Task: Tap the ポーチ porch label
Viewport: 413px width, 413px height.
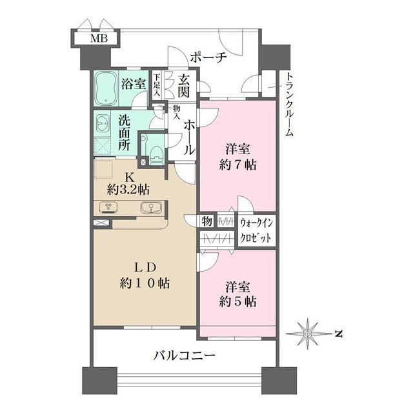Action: tap(209, 58)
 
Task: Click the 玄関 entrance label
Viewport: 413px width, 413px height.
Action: tap(184, 86)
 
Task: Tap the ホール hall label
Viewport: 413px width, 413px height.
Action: tap(189, 136)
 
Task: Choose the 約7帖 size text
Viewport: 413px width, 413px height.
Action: tap(238, 164)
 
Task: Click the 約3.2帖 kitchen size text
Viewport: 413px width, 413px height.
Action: tap(128, 189)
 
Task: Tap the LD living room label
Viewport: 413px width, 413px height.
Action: tap(146, 267)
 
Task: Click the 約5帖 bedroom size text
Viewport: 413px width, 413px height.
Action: tap(238, 301)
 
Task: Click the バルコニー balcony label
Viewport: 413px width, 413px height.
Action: tap(185, 354)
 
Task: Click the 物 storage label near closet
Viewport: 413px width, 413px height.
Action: tap(207, 221)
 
